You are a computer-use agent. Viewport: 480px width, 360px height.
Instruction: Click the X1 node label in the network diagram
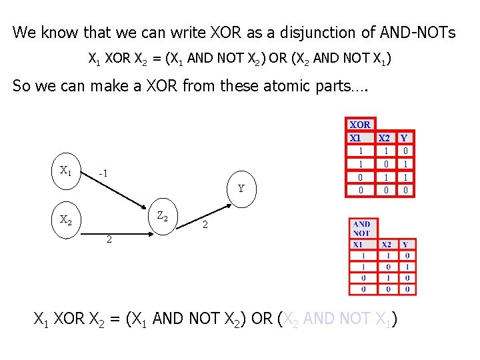pyautogui.click(x=65, y=171)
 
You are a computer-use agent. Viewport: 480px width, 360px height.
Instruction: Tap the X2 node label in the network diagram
pyautogui.click(x=66, y=219)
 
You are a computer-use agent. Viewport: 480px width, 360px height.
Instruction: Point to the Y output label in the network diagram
pyautogui.click(x=241, y=189)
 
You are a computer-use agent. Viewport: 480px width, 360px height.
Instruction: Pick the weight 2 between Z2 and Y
pyautogui.click(x=205, y=226)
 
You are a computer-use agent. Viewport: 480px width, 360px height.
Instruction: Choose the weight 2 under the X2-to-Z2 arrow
pyautogui.click(x=109, y=239)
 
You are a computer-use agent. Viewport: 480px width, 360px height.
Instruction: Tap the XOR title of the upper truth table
pyautogui.click(x=360, y=125)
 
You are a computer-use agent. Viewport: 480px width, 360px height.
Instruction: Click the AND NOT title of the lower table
pyautogui.click(x=362, y=229)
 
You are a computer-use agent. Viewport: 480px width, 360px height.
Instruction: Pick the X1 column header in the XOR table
pyautogui.click(x=356, y=138)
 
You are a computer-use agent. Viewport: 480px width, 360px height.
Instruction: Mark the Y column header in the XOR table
pyautogui.click(x=404, y=138)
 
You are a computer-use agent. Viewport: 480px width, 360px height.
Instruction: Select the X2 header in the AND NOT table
pyautogui.click(x=387, y=245)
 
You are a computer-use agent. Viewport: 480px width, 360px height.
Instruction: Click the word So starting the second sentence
pyautogui.click(x=22, y=86)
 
